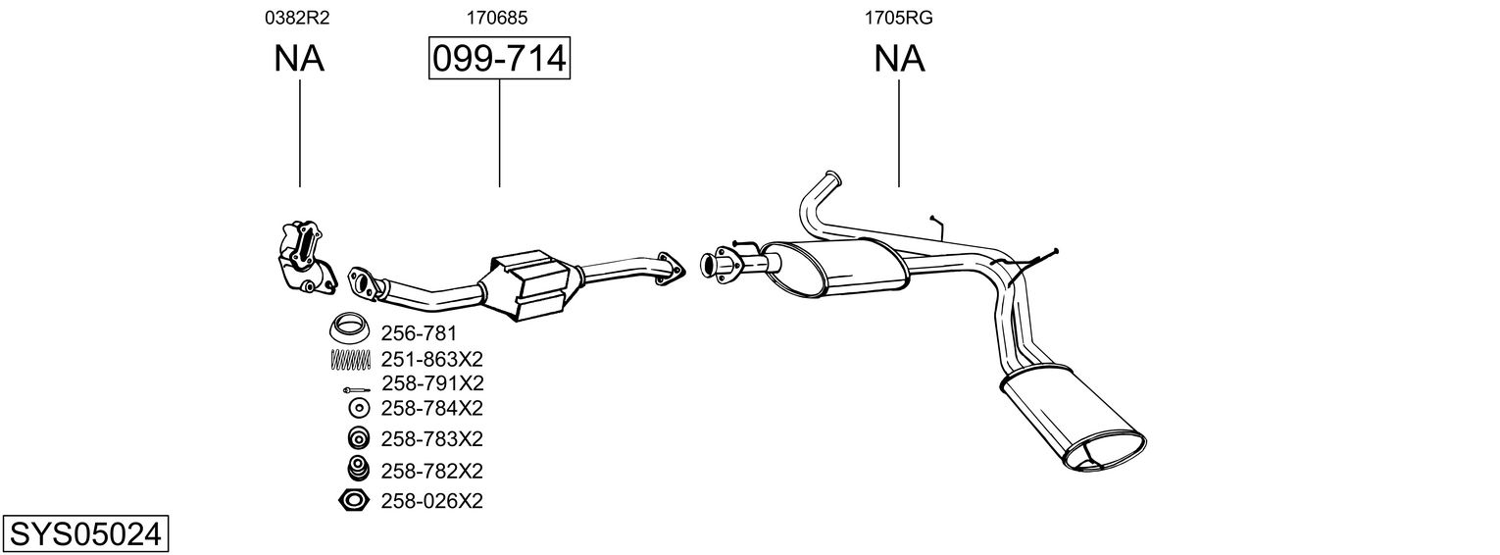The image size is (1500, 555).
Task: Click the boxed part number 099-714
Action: click(499, 59)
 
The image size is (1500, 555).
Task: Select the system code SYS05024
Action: click(84, 534)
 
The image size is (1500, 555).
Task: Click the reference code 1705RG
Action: click(898, 17)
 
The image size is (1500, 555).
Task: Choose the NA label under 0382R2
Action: click(299, 59)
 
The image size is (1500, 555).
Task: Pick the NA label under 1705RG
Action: click(899, 59)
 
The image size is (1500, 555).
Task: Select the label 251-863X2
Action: click(431, 359)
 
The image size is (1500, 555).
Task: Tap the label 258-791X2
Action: click(431, 382)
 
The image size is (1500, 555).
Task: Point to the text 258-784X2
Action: click(431, 407)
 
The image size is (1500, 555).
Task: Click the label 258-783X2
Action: click(431, 437)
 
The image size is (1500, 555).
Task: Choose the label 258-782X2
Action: click(431, 470)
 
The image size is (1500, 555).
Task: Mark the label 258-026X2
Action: click(431, 501)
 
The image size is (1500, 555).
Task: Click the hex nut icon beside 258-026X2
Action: click(353, 501)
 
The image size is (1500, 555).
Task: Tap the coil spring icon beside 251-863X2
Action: click(350, 360)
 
